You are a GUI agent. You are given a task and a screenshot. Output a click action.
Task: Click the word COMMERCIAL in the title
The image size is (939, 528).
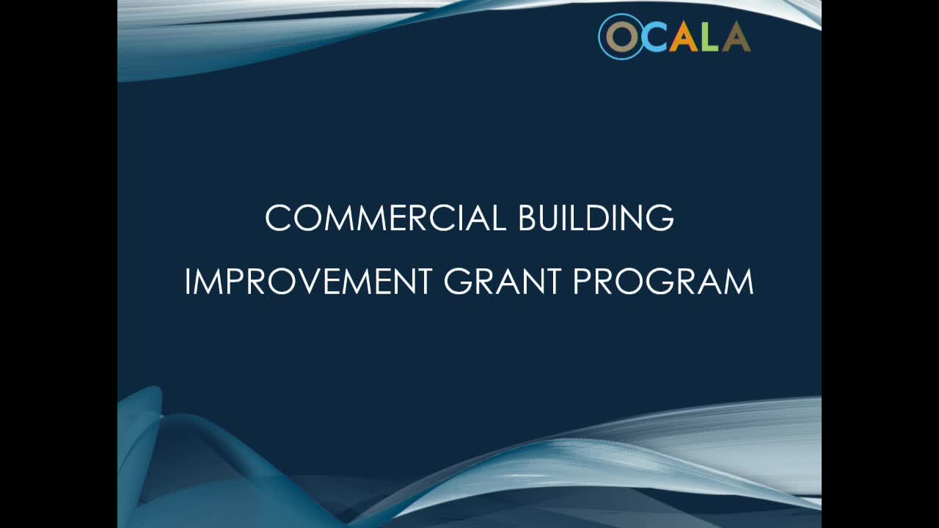point(385,218)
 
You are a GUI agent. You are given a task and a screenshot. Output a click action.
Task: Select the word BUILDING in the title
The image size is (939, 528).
point(596,218)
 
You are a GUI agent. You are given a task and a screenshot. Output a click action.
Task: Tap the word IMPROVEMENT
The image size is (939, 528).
point(308,282)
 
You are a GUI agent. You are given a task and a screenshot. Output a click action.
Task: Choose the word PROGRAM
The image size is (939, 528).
point(662,282)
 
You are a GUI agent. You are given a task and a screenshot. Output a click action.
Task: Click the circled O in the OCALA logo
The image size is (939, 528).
point(621,37)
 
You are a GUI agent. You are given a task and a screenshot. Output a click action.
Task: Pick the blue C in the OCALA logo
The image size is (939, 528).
point(655,37)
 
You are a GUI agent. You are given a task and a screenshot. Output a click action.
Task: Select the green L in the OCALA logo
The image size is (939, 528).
point(710,37)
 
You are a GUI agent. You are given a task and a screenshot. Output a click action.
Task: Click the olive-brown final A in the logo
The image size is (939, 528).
point(736,37)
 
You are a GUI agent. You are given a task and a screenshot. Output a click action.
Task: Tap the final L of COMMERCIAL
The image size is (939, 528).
point(499,218)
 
